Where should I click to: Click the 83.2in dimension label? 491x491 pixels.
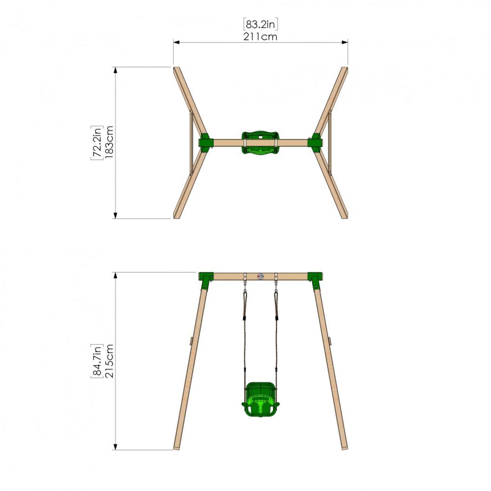point(261,25)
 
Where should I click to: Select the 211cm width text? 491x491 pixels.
point(260,37)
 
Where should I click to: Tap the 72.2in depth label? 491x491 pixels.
point(97,143)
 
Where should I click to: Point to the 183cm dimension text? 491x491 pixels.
point(109,142)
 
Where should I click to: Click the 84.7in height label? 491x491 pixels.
point(97,361)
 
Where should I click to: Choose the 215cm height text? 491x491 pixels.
point(109,361)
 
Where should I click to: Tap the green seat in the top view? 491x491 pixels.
point(260,142)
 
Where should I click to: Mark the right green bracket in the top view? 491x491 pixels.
point(316,143)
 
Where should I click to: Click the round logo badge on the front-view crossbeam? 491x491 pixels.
point(260,277)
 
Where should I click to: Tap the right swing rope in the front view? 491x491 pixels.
point(276,337)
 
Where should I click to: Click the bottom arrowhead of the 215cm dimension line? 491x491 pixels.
point(115,447)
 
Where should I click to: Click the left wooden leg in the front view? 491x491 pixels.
point(191,367)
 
